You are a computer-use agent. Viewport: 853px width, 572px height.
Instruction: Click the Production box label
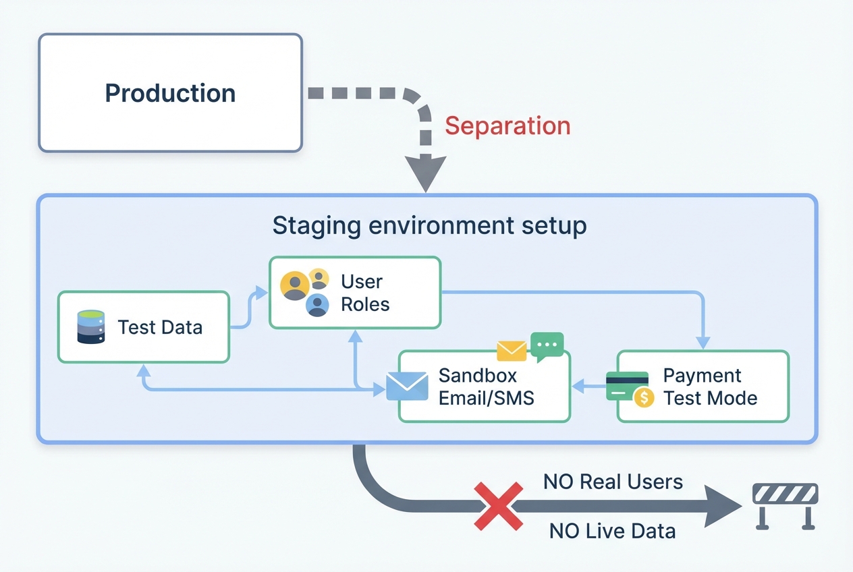(170, 93)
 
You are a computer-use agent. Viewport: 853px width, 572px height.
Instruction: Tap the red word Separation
(507, 126)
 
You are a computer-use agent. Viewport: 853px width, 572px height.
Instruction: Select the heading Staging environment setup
(429, 226)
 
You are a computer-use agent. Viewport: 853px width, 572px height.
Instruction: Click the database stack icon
(91, 327)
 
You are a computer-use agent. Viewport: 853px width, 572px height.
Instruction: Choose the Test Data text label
(160, 327)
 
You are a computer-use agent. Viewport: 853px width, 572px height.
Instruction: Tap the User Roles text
(365, 293)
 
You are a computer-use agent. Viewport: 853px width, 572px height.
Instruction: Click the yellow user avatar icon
(295, 285)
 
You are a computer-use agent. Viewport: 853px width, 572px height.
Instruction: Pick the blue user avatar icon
(317, 305)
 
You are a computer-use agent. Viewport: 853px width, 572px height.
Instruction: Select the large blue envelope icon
(407, 387)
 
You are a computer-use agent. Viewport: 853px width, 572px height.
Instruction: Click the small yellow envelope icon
(512, 350)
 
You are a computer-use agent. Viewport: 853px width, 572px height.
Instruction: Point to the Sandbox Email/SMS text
(486, 387)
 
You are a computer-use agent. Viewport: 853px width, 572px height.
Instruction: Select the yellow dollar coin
(644, 398)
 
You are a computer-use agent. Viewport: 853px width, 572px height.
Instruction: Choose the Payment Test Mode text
(710, 387)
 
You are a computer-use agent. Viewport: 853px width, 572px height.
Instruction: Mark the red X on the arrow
(499, 505)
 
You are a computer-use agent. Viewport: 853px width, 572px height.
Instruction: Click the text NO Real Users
(613, 482)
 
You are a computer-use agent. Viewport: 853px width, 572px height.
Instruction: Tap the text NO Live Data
(612, 531)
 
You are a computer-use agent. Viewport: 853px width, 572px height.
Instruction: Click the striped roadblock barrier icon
(785, 503)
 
